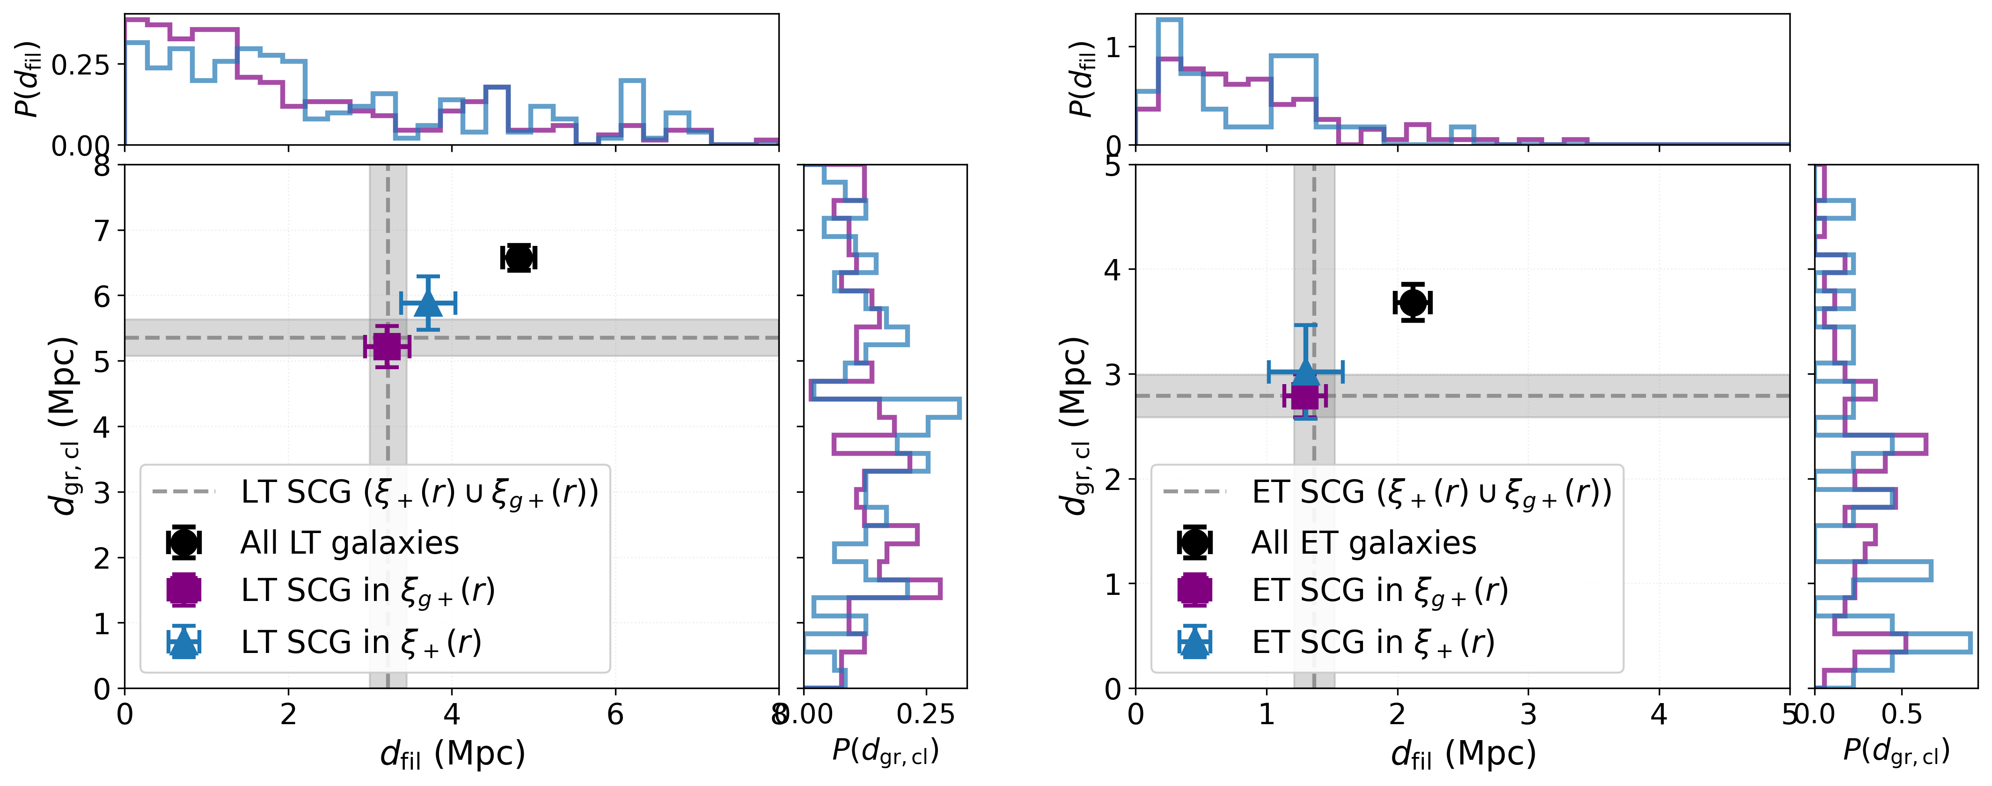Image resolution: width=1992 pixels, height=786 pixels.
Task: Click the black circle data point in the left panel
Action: tap(518, 258)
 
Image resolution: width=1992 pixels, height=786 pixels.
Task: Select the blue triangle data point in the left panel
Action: tap(428, 303)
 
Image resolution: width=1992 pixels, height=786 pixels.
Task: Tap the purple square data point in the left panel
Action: tap(387, 347)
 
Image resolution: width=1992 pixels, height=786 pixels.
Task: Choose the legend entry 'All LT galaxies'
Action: tap(350, 543)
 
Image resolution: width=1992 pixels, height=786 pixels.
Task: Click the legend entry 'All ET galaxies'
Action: tap(1364, 543)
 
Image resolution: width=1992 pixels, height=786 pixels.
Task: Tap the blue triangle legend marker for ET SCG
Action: tap(1194, 642)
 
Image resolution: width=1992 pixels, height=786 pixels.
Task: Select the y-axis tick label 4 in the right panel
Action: tap(1112, 270)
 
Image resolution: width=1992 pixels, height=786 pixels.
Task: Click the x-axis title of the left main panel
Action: tap(453, 754)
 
